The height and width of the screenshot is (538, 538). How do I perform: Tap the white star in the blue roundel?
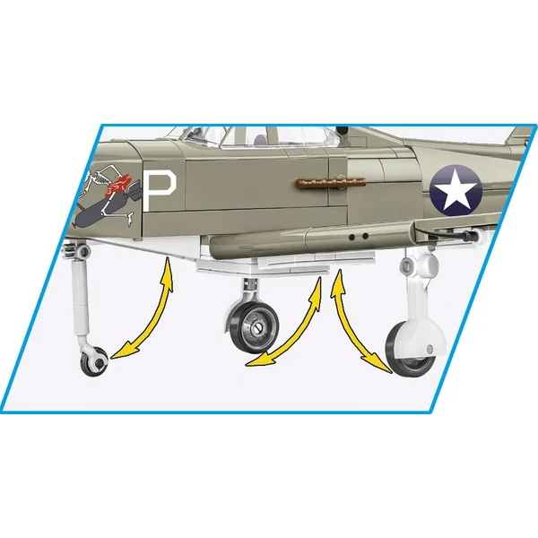coord(455,192)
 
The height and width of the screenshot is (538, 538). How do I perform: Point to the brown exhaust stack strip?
coord(331,182)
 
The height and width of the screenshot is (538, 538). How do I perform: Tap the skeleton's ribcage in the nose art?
coord(100,178)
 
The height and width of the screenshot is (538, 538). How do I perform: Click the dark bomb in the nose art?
coord(100,211)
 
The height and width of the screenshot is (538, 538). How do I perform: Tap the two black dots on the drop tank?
coord(358,237)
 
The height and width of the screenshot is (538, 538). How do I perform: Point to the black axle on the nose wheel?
coord(100,362)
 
